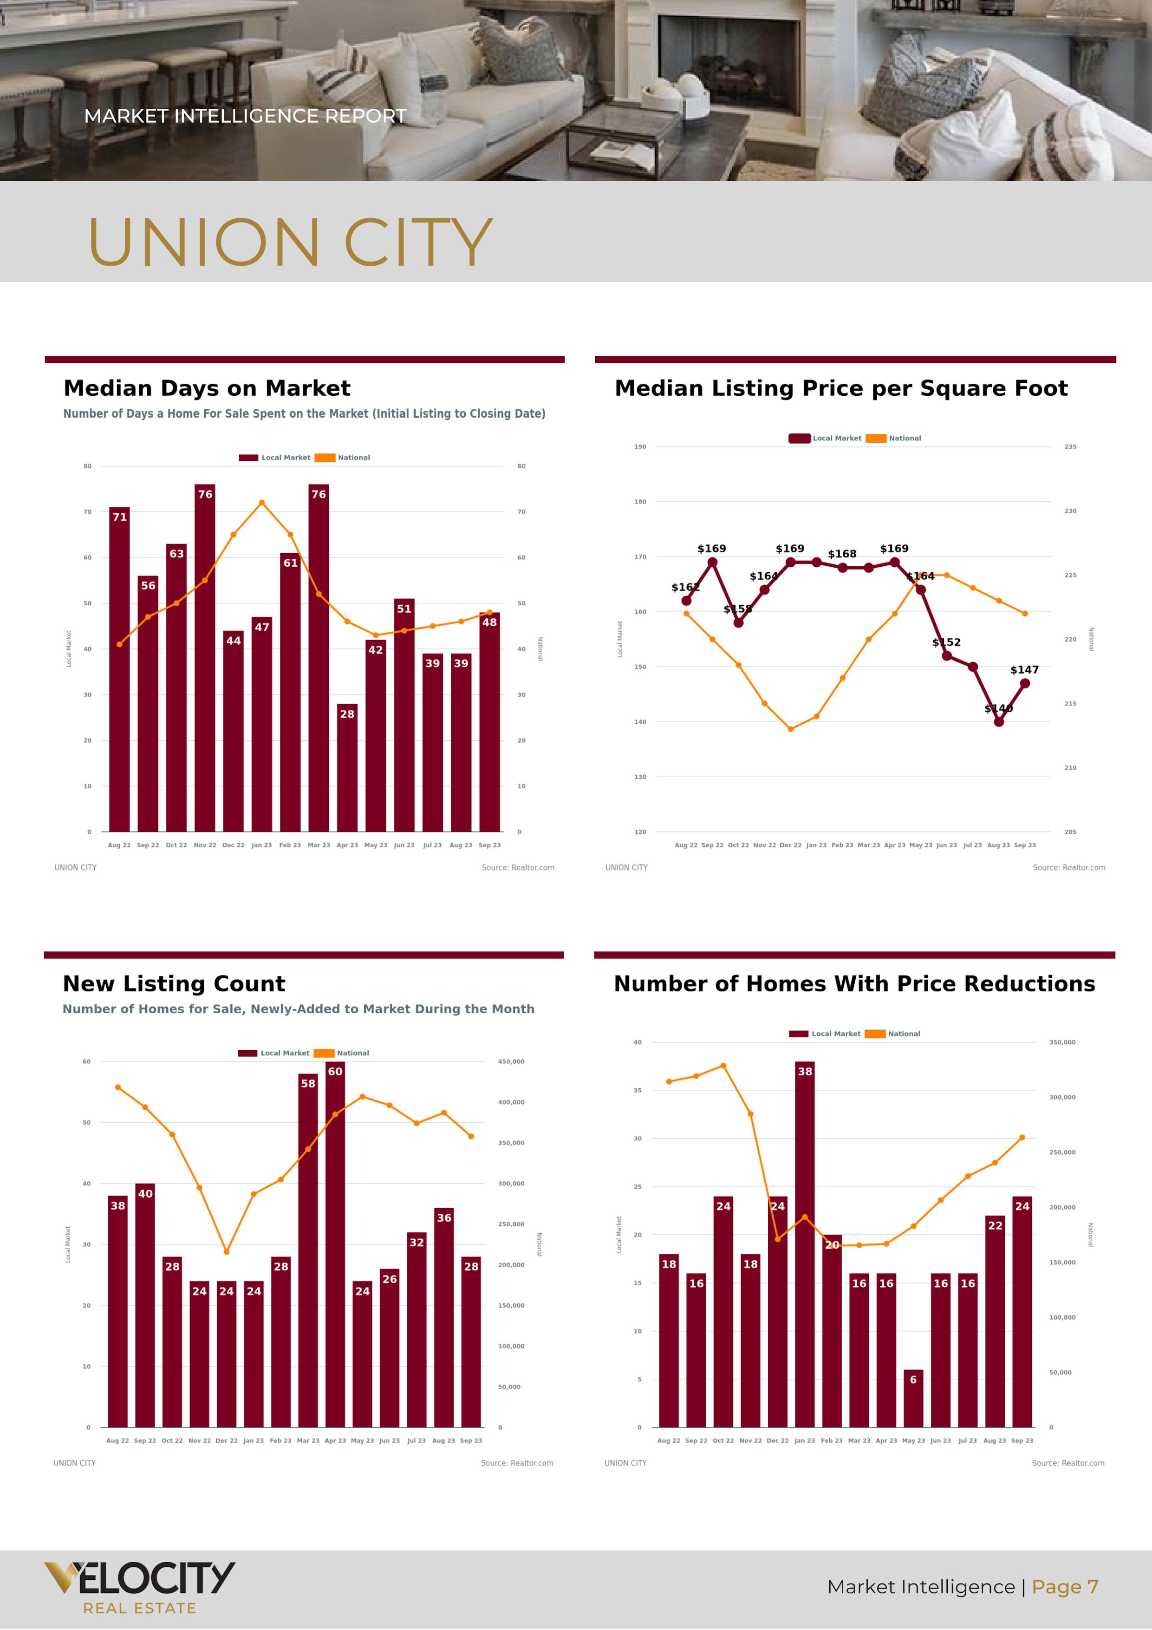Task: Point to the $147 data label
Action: click(x=1024, y=669)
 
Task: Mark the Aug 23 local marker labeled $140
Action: click(x=999, y=721)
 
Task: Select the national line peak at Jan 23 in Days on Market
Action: click(x=262, y=503)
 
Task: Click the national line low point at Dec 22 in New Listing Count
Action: click(x=227, y=1251)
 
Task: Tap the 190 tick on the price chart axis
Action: click(x=640, y=446)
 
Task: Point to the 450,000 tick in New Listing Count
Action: click(x=511, y=1061)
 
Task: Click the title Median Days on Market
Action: click(x=207, y=388)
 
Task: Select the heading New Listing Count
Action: click(x=174, y=983)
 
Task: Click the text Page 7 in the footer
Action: click(x=1065, y=1587)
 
